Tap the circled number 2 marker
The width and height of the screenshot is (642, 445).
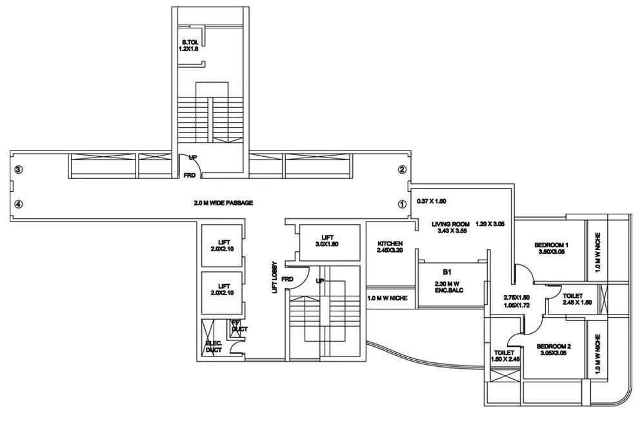click(x=401, y=170)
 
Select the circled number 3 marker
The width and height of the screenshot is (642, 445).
click(x=19, y=170)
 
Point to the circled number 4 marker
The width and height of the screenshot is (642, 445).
click(x=19, y=203)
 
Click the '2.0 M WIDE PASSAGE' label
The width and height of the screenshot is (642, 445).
click(x=223, y=203)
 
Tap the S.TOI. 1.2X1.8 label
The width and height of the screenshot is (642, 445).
click(x=190, y=47)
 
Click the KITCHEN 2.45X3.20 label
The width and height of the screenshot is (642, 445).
click(x=390, y=247)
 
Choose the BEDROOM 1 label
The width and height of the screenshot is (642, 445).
click(x=551, y=249)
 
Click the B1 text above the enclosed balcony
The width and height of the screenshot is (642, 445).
click(x=447, y=273)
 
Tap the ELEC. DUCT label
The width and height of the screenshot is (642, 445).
click(x=214, y=347)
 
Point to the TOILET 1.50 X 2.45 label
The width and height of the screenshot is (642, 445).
click(x=505, y=357)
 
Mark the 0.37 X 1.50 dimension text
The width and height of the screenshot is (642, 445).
click(x=432, y=201)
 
